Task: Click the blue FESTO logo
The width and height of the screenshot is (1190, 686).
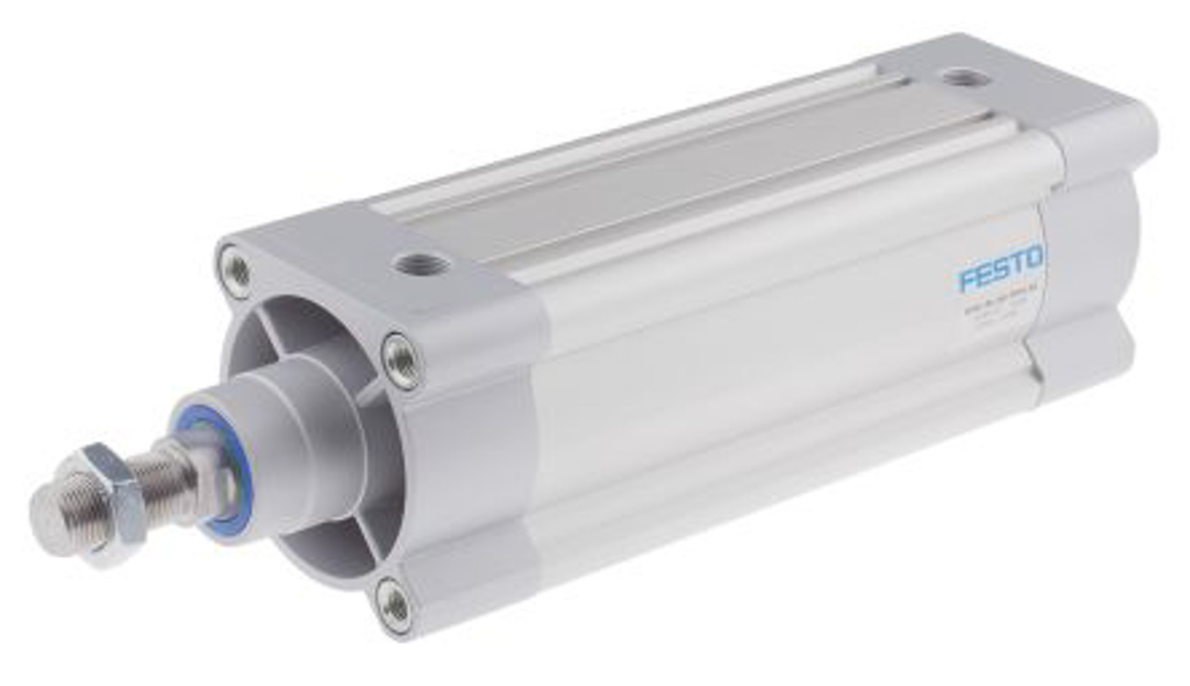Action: click(1000, 269)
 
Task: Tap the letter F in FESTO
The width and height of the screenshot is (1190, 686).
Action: click(966, 279)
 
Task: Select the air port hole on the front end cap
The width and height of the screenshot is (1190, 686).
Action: click(420, 264)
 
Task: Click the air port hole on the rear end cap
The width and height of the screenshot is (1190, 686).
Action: click(959, 77)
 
